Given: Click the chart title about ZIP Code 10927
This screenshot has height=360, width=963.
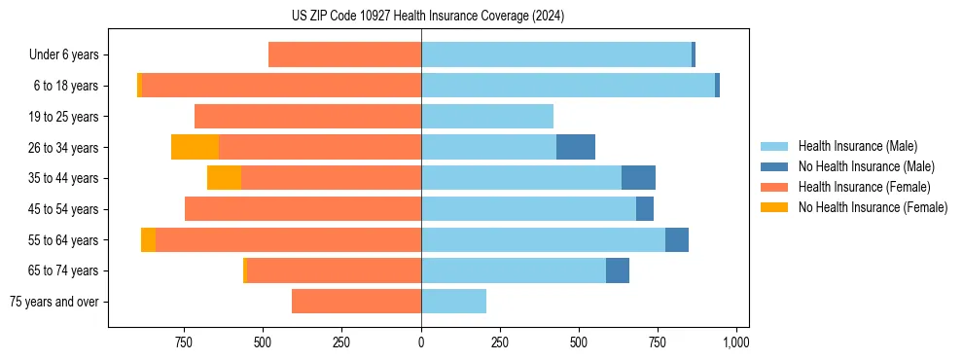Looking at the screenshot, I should click(x=427, y=16).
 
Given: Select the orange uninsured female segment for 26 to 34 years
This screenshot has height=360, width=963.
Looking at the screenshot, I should click(x=195, y=147).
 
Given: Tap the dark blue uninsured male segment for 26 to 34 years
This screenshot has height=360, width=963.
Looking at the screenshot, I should click(x=576, y=147).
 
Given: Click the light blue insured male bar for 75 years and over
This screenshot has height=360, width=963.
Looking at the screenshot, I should click(x=453, y=302).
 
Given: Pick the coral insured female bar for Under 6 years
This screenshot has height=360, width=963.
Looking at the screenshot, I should click(x=344, y=54).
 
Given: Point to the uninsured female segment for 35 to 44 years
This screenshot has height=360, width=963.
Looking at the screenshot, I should click(x=224, y=178).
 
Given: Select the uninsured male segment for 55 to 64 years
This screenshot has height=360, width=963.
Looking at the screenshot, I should click(x=677, y=239).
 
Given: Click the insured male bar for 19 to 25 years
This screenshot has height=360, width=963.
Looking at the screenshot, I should click(x=487, y=117).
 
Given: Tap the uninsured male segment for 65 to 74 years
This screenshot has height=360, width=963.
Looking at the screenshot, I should click(x=618, y=270).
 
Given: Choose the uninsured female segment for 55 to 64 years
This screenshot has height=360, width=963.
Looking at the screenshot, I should click(x=148, y=239).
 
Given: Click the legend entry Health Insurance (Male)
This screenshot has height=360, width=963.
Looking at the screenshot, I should click(x=857, y=146).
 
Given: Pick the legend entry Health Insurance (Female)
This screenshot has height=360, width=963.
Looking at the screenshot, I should click(x=864, y=187).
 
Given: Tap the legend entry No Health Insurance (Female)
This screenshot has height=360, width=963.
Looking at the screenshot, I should click(x=873, y=207).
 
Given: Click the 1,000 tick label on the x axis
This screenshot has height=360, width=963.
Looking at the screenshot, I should click(x=736, y=342).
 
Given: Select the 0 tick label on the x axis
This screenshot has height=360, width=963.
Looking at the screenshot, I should click(x=421, y=342).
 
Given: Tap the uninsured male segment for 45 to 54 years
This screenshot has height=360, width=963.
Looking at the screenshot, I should click(x=645, y=209).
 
